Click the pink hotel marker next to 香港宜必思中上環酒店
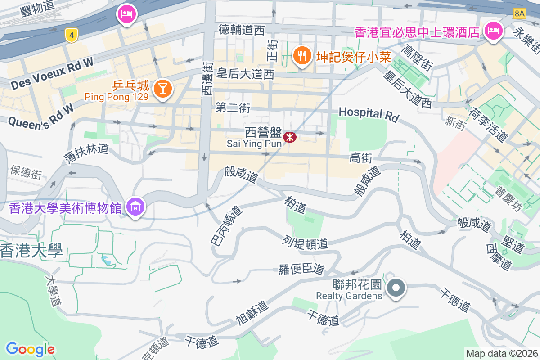[x=493, y=31]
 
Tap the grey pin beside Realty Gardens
[x=396, y=288]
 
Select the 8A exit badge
[x=519, y=13]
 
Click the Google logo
[x=30, y=349]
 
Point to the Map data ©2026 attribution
[x=502, y=353]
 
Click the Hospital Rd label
[x=369, y=114]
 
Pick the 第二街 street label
[x=233, y=108]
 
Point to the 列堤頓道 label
[x=306, y=243]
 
